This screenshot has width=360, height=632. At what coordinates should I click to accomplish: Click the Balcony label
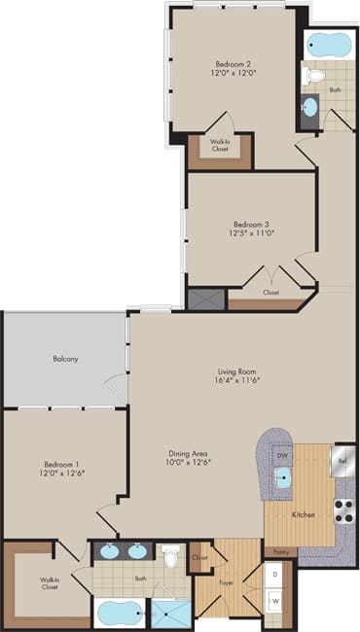click(x=65, y=360)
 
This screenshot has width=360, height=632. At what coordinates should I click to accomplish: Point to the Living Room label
click(x=235, y=371)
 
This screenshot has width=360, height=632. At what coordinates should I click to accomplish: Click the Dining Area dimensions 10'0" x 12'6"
click(x=189, y=462)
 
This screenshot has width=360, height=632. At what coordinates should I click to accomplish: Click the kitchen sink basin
click(x=283, y=476)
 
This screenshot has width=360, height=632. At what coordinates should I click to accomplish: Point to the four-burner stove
click(x=343, y=510)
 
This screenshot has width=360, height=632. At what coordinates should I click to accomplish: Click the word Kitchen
click(x=303, y=511)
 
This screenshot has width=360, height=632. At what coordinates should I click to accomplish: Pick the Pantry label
click(x=280, y=551)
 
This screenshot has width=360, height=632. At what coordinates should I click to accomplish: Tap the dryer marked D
click(x=275, y=575)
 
